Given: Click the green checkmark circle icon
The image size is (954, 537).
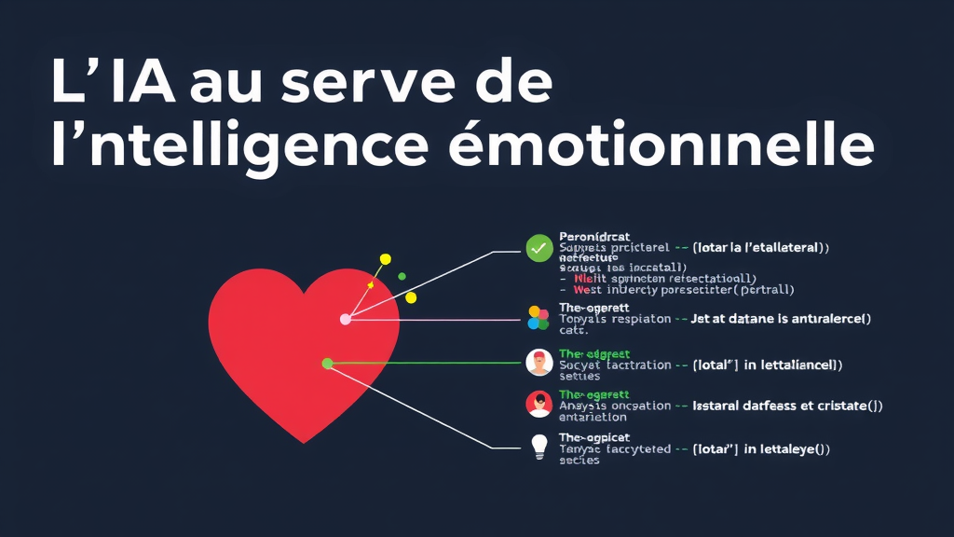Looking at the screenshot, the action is [x=538, y=248].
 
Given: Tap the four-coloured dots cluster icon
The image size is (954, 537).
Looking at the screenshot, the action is [x=538, y=318].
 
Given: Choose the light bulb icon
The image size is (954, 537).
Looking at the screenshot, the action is [x=538, y=447].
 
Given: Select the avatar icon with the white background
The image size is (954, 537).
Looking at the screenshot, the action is [x=538, y=362].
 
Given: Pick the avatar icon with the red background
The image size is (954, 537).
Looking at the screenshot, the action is [x=538, y=404].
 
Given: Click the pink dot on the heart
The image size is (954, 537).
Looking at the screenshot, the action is [x=346, y=319].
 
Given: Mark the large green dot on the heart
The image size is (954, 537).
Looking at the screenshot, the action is [x=327, y=364].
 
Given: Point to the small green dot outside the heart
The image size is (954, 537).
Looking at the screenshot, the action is [x=402, y=276].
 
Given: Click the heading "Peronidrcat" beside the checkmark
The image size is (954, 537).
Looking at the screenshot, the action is [x=594, y=237].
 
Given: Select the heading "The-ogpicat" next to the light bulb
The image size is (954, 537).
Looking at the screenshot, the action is [x=593, y=437].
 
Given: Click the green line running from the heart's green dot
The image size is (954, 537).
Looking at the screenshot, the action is [x=424, y=363].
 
